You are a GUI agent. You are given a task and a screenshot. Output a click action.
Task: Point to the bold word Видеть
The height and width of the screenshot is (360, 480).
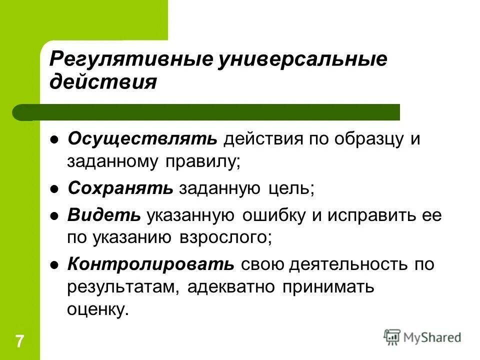tap(104, 215)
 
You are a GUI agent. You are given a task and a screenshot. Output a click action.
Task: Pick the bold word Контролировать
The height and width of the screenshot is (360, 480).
tap(150, 264)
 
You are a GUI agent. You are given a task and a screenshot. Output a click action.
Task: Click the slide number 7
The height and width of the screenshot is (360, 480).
tap(19, 342)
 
